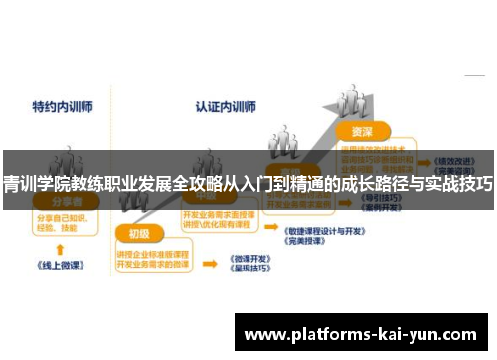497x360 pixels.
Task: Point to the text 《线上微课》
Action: (x=60, y=267)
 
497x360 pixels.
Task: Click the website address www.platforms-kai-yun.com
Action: (x=360, y=334)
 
